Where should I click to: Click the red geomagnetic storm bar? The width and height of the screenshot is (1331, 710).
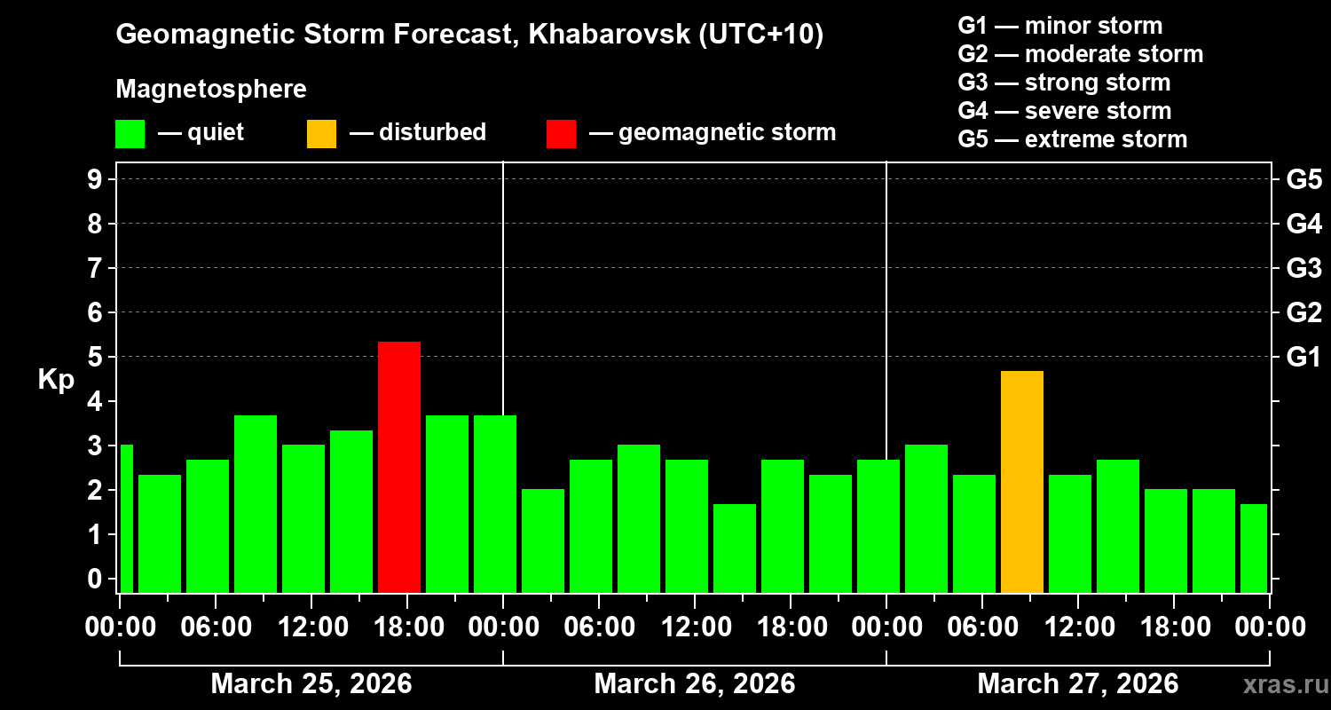(399, 467)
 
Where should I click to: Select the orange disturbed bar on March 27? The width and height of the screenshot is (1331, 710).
(1022, 481)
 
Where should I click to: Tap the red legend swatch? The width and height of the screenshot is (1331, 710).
(561, 133)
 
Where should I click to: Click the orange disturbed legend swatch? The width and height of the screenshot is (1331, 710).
(321, 133)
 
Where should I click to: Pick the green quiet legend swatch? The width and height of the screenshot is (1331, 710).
(130, 133)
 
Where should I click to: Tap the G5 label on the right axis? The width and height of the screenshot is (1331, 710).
(1303, 179)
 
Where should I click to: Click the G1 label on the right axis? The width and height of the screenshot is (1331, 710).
(1303, 357)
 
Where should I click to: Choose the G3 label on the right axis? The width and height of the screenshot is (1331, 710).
(1303, 268)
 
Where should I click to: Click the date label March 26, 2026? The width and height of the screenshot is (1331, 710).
(694, 684)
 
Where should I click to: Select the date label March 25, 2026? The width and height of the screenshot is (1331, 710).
(311, 684)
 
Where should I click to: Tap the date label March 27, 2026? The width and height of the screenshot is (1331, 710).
(1077, 684)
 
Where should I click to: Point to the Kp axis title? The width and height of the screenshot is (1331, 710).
(55, 380)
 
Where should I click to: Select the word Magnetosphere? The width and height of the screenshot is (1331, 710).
(211, 90)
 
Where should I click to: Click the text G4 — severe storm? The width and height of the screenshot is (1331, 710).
(1064, 111)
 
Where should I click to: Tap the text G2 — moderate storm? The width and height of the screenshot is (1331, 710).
(1080, 54)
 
